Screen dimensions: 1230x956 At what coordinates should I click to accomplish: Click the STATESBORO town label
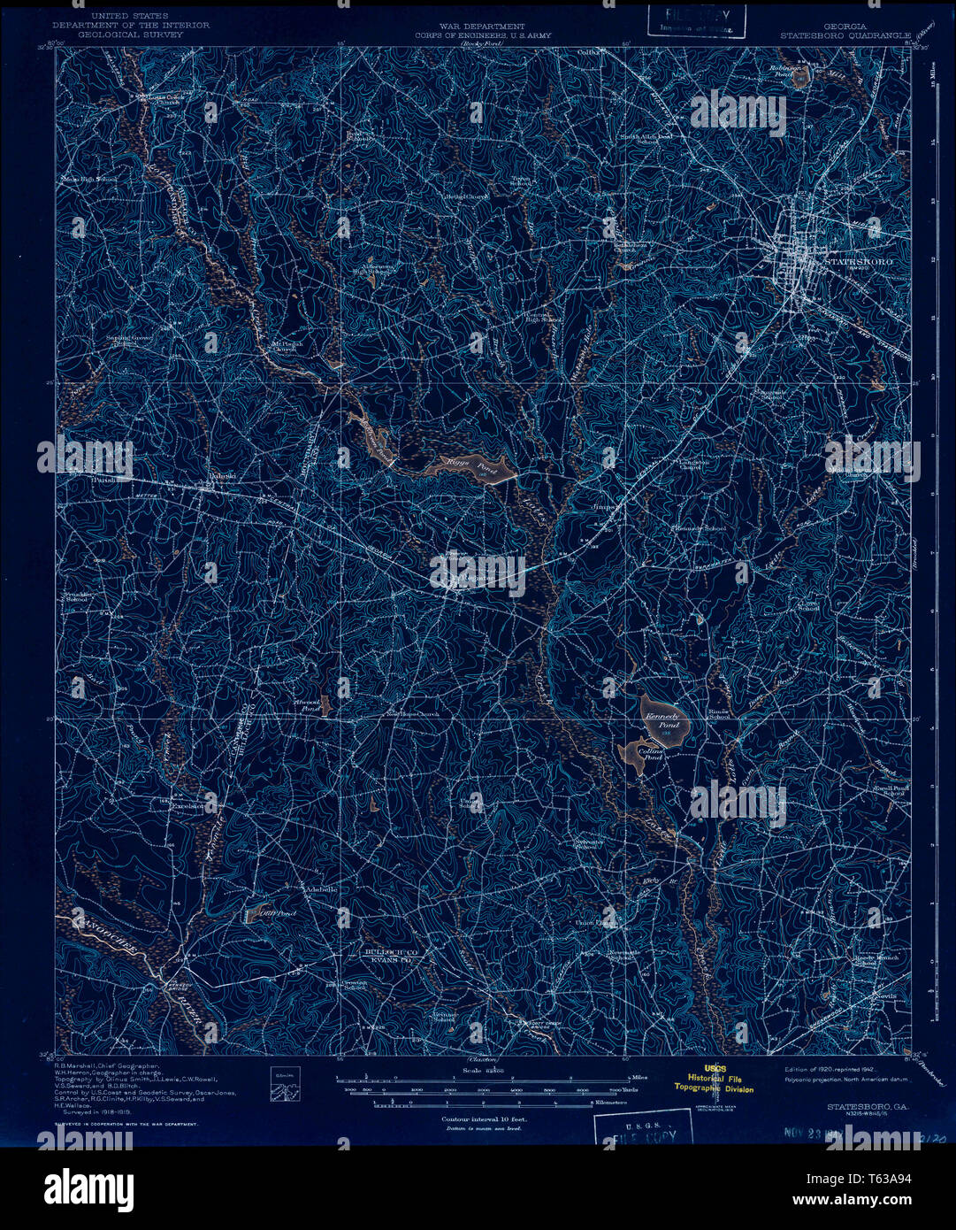[857, 263]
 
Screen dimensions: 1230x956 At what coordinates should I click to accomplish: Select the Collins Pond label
[651, 754]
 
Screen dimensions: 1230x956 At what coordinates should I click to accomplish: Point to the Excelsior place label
[188, 806]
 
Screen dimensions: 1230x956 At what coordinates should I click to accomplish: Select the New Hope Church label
[409, 715]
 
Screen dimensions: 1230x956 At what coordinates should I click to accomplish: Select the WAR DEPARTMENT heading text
[478, 27]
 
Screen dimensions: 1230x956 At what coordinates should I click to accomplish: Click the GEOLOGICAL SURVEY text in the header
[132, 35]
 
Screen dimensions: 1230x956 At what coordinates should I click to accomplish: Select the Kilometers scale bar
[482, 1104]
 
